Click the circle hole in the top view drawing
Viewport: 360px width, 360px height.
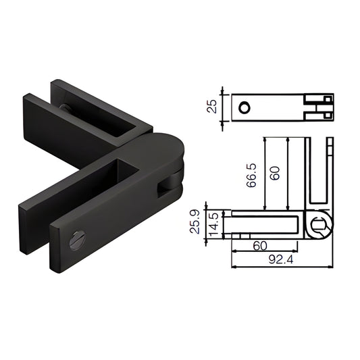[245, 107]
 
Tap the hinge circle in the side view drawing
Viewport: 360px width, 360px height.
[322, 224]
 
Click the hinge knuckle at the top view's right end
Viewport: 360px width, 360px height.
[318, 107]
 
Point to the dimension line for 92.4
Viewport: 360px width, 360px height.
[284, 266]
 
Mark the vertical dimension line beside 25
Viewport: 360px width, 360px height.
[224, 107]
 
